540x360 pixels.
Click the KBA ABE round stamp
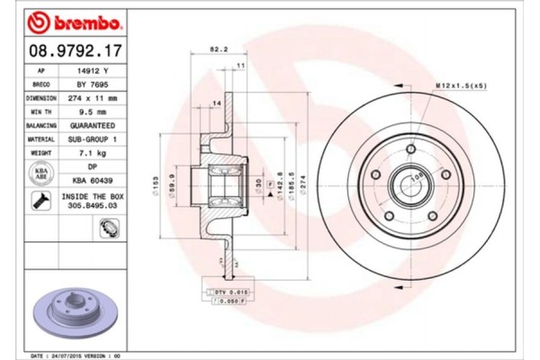click(41, 174)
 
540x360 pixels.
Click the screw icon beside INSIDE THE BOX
click(41, 204)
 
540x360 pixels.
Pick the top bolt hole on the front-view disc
click(411, 148)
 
